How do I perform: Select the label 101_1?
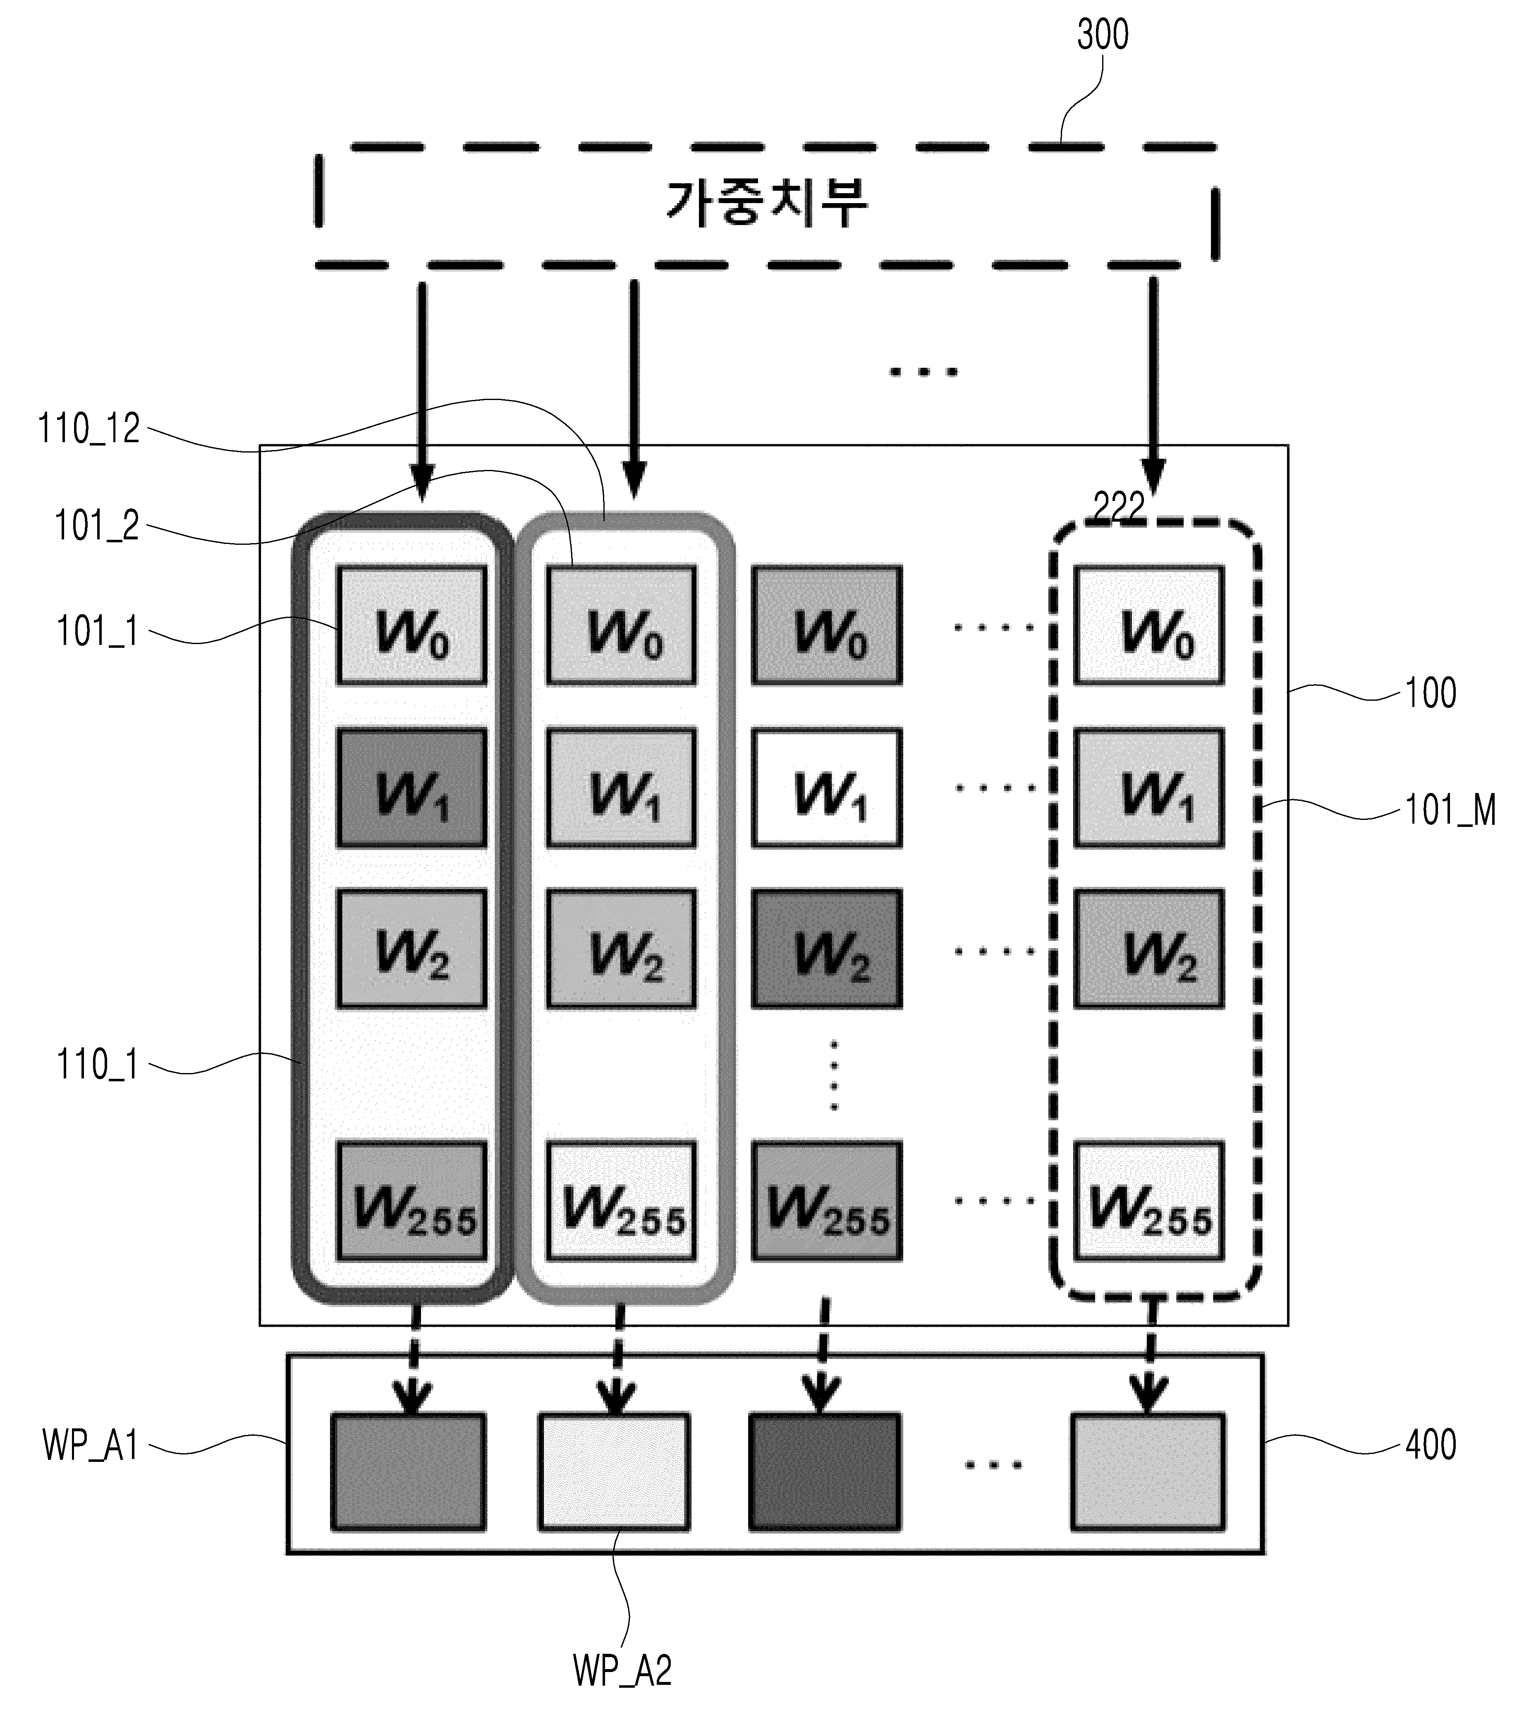click(97, 631)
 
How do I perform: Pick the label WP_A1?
click(90, 1446)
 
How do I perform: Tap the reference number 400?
click(1431, 1444)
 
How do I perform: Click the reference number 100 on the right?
click(1431, 693)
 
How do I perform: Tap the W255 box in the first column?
click(412, 1201)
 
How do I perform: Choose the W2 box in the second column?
click(621, 949)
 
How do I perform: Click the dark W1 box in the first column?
click(412, 788)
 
